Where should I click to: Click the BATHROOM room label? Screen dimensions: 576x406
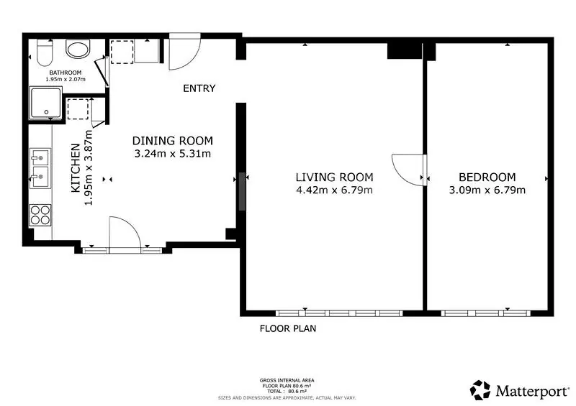pyautogui.click(x=66, y=73)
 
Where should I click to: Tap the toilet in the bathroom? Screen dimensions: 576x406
pyautogui.click(x=45, y=52)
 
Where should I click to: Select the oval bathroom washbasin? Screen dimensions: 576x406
pyautogui.click(x=78, y=49)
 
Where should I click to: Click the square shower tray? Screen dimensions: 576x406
pyautogui.click(x=45, y=103)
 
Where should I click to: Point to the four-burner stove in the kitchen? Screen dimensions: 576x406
pyautogui.click(x=40, y=215)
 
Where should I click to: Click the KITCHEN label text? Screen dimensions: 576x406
pyautogui.click(x=76, y=167)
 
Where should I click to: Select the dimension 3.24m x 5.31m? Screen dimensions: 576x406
pyautogui.click(x=173, y=153)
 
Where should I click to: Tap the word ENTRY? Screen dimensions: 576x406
pyautogui.click(x=199, y=88)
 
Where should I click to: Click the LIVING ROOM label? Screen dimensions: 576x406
pyautogui.click(x=334, y=177)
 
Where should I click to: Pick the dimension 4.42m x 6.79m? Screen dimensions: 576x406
pyautogui.click(x=334, y=190)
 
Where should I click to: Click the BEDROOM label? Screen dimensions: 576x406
pyautogui.click(x=487, y=177)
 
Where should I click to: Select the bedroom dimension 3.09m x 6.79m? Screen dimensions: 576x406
pyautogui.click(x=487, y=190)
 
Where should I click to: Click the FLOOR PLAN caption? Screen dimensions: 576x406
pyautogui.click(x=288, y=328)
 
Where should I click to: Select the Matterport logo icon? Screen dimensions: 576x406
pyautogui.click(x=480, y=390)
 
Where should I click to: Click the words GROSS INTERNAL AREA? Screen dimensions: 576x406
pyautogui.click(x=287, y=380)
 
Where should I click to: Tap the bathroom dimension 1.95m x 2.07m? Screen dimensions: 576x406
pyautogui.click(x=66, y=79)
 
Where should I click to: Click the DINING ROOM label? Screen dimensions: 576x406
pyautogui.click(x=173, y=141)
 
